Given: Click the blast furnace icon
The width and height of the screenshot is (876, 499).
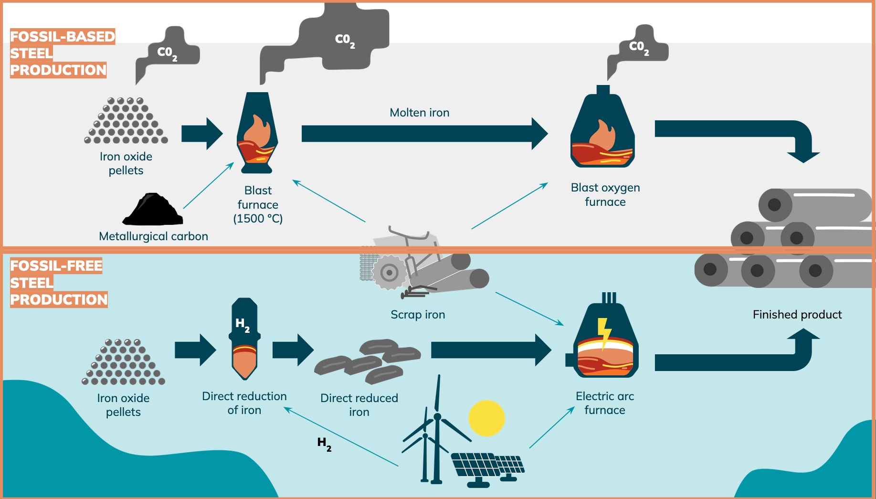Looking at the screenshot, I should tap(257, 134).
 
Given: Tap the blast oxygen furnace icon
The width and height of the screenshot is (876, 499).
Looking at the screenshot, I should tap(603, 131).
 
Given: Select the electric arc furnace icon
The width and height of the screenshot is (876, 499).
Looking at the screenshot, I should tap(605, 341).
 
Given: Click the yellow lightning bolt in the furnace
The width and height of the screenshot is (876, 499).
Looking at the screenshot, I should tap(604, 332).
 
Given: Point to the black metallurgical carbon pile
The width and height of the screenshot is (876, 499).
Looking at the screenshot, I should tap(153, 210).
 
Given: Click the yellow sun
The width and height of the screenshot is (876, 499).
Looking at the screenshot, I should tap(486, 418).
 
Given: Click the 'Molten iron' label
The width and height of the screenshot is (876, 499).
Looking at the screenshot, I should tap(419, 113).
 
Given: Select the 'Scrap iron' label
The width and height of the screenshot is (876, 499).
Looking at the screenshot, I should tap(418, 315).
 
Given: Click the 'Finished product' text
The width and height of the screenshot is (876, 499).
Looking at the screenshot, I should tap(797, 315).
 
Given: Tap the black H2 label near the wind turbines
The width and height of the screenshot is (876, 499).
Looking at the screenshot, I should tap(324, 444).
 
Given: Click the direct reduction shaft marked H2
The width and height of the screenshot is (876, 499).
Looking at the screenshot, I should tap(244, 339).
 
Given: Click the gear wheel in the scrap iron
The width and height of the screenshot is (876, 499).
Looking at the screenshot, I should tap(390, 273).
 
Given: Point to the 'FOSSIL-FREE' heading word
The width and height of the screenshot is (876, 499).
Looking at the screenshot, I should tap(56, 266).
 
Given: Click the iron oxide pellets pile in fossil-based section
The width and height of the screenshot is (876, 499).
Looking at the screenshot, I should tap(126, 121).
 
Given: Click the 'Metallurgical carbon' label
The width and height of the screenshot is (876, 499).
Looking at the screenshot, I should tap(153, 236).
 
